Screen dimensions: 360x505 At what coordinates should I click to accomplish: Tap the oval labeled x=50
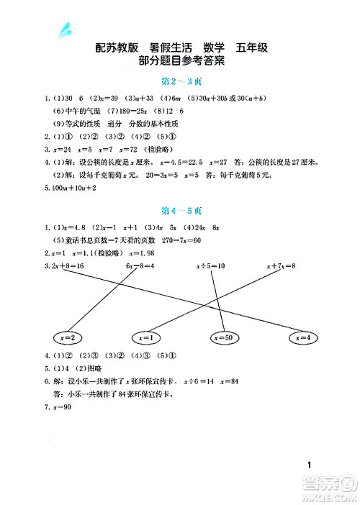pyautogui.click(x=227, y=337)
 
